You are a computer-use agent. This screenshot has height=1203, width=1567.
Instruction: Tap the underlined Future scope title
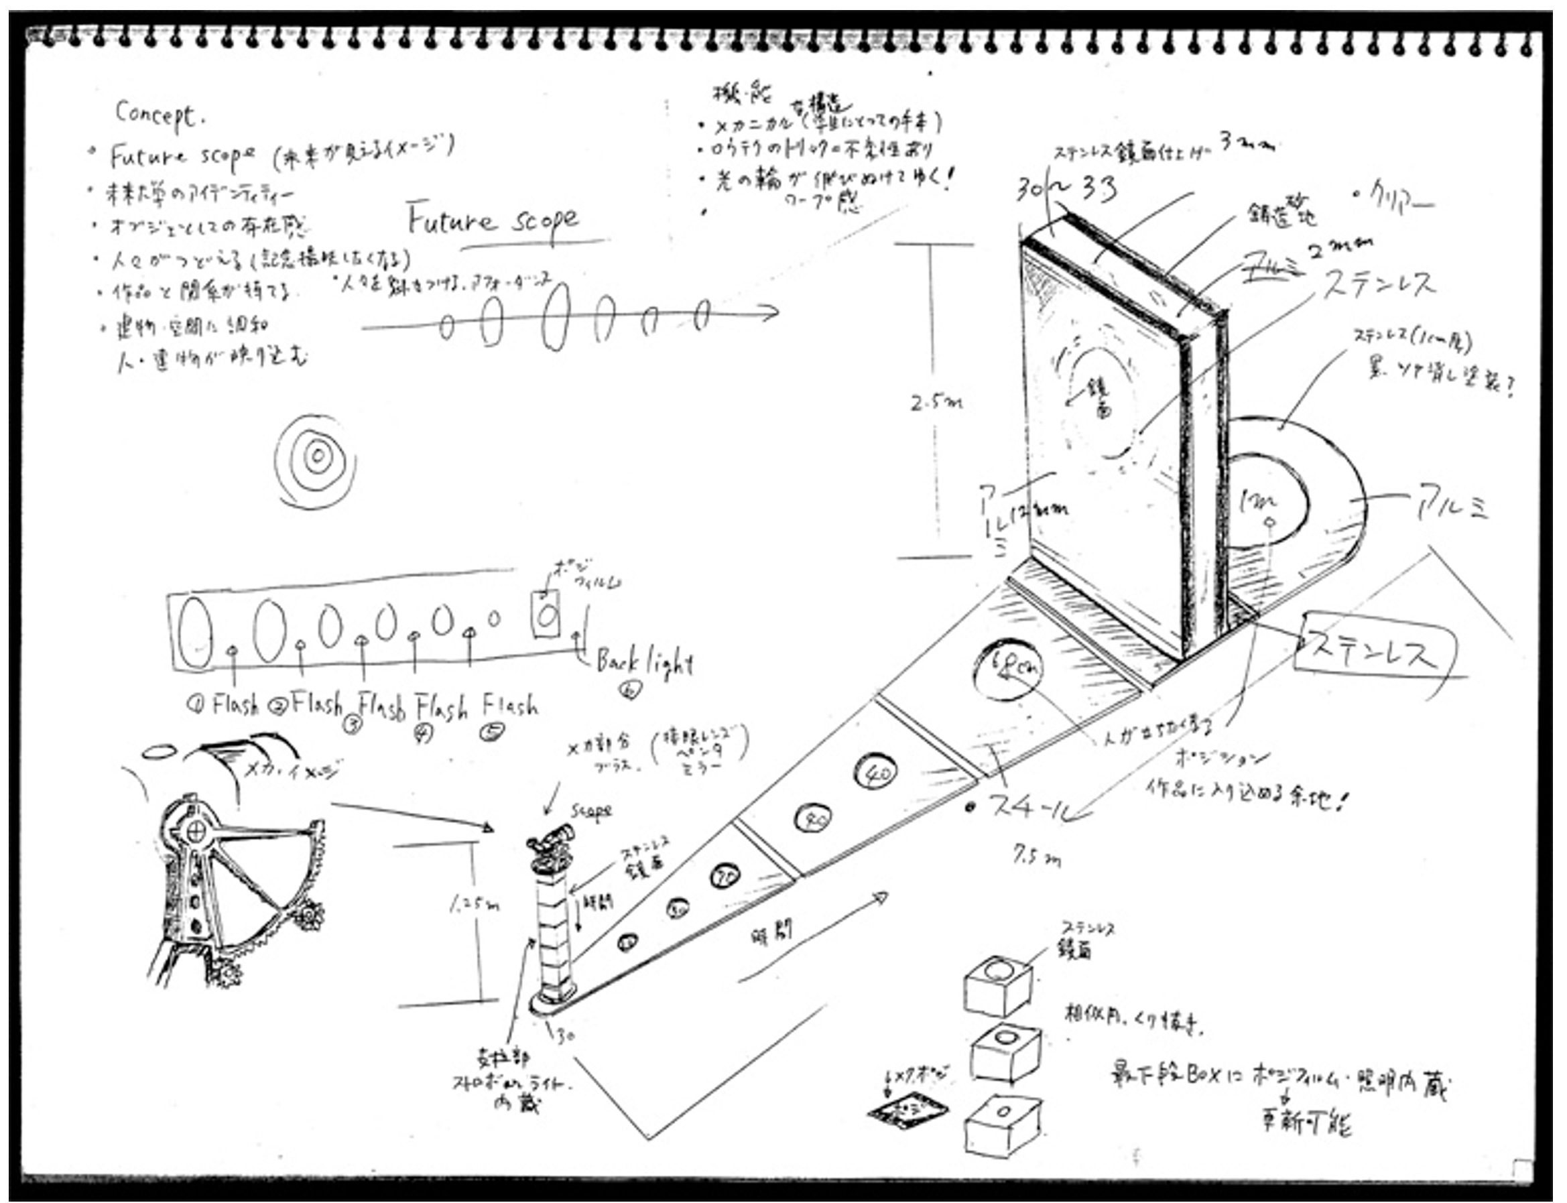point(493,220)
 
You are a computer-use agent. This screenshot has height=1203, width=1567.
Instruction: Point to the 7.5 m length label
point(1036,857)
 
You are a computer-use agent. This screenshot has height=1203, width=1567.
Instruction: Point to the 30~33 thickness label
point(1066,189)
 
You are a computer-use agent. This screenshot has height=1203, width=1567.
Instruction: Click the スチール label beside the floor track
point(1033,807)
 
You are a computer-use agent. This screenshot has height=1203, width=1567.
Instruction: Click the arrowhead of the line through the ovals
point(772,312)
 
